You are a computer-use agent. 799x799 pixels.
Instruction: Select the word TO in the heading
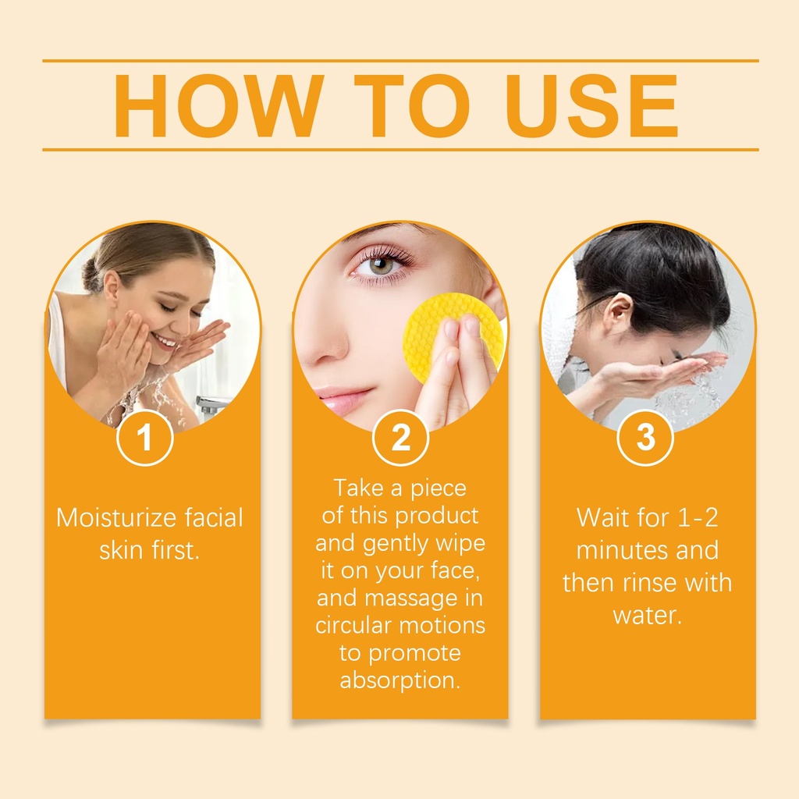(412, 106)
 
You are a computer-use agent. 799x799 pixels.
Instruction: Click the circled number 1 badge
(144, 437)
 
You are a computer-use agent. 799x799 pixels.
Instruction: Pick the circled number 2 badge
(400, 437)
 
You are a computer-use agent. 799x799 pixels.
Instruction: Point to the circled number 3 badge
(645, 437)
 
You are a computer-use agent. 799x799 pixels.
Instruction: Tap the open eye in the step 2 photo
(380, 265)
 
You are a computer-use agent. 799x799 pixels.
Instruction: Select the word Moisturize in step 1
(116, 518)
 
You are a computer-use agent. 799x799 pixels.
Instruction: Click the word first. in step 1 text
(175, 550)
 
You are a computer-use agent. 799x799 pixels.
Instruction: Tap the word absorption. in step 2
(400, 680)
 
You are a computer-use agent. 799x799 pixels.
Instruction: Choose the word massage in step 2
(411, 598)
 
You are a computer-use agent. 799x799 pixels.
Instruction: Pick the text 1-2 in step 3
(698, 518)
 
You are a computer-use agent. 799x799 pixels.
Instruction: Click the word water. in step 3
(647, 616)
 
